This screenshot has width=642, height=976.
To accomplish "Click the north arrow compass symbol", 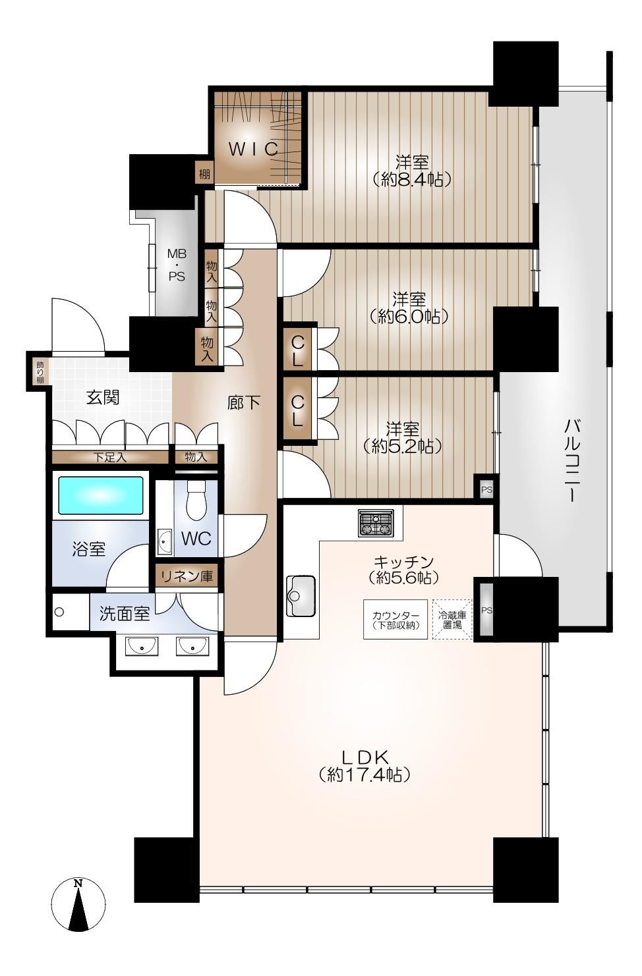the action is (x=78, y=904).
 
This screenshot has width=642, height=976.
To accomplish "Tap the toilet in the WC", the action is (x=196, y=501).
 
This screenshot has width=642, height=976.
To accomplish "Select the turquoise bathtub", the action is (x=101, y=495).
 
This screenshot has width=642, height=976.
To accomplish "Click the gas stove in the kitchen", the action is (x=376, y=522).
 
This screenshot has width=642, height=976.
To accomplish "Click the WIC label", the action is (x=254, y=149).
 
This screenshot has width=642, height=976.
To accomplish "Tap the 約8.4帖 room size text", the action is (x=412, y=179).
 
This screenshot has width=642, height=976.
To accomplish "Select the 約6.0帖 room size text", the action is (x=409, y=317).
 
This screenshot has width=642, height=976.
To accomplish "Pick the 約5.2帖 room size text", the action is (x=403, y=446).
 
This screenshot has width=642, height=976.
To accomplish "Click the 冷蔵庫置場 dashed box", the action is (x=452, y=620).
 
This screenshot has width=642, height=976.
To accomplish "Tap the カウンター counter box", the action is (x=395, y=619).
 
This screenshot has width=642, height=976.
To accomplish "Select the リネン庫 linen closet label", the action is (x=187, y=576).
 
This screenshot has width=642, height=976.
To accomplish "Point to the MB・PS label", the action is (x=177, y=265).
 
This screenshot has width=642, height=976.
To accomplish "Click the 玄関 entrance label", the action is (x=102, y=397).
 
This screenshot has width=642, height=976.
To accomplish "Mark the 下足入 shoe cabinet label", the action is (x=110, y=458).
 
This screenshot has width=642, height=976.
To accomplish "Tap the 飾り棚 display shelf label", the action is (x=40, y=372).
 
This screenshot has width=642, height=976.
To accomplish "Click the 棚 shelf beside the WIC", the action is (x=204, y=175).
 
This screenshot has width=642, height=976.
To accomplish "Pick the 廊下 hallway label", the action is (x=243, y=403).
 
